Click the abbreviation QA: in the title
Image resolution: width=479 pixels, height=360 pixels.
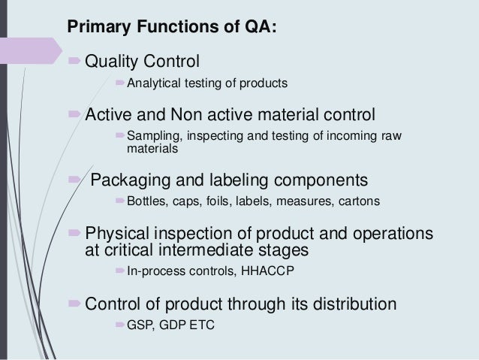[264, 29]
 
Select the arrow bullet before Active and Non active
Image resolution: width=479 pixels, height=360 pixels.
[74, 115]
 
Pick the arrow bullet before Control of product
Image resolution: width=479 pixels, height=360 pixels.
[74, 305]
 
